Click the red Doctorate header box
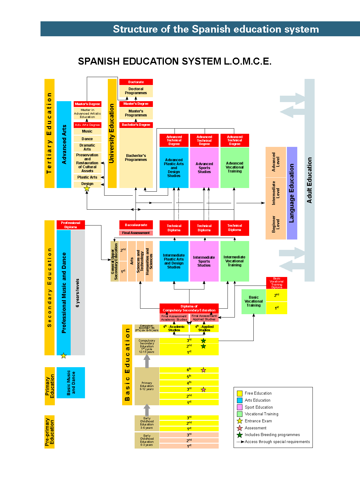tap(136, 82)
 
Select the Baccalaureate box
tap(136, 225)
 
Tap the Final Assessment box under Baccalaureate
tap(136, 233)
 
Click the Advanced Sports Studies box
tap(204, 168)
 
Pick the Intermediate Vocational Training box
tap(235, 261)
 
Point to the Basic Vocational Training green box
tap(253, 301)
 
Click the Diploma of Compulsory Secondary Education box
tap(189, 308)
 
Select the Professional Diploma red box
tap(71, 225)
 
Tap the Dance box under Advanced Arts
tap(87, 139)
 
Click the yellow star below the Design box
tap(87, 189)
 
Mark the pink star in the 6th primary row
tap(203, 370)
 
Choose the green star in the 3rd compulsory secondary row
tap(203, 341)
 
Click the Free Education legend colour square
tap(240, 393)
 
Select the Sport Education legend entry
tap(259, 407)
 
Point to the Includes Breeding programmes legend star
tap(240, 435)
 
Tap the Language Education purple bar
tap(292, 193)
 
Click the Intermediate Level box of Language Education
tap(276, 193)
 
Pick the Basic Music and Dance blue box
tap(71, 383)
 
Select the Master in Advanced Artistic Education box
tap(87, 113)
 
